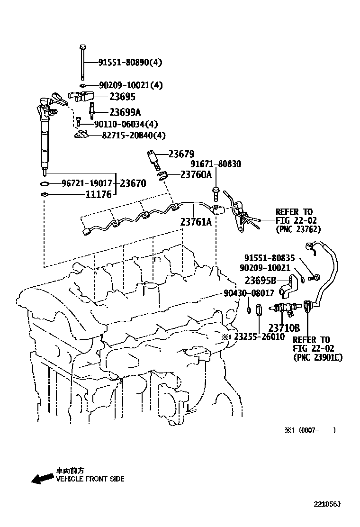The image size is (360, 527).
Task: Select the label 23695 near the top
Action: pyautogui.click(x=122, y=97)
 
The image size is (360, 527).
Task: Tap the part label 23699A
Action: pyautogui.click(x=125, y=112)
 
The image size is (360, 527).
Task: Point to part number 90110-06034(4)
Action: pyautogui.click(x=126, y=124)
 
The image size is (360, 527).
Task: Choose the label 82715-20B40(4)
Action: pyautogui.click(x=134, y=136)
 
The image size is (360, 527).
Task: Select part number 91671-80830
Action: pyautogui.click(x=216, y=164)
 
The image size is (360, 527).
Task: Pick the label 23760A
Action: pyautogui.click(x=196, y=174)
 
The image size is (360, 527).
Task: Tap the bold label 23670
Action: pyautogui.click(x=133, y=183)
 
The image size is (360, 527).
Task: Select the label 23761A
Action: pyautogui.click(x=196, y=221)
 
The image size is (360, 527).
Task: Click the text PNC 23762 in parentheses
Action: pyautogui.click(x=298, y=229)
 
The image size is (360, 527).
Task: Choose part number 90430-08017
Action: pyautogui.click(x=249, y=293)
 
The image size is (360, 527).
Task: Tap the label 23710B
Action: pyautogui.click(x=284, y=327)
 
